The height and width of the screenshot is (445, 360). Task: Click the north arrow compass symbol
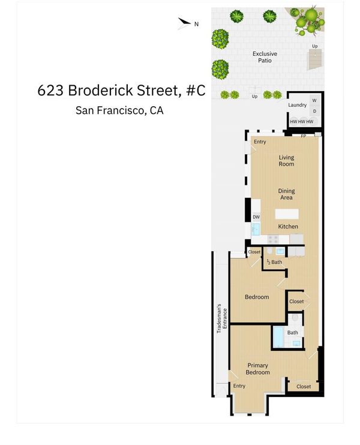point(184,23)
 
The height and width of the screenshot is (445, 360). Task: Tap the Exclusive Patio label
point(265,57)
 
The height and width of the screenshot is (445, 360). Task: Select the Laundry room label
point(297,105)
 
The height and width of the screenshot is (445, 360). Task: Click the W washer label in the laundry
point(314,101)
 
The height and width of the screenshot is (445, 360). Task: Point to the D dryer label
point(314,112)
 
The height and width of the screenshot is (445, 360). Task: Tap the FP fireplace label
point(304,136)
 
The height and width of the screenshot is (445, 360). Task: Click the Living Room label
point(286,161)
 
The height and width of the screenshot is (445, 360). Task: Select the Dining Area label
point(286,194)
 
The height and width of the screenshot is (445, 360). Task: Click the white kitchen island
point(287,214)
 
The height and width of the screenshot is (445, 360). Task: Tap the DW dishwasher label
point(256,217)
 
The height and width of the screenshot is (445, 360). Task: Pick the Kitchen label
point(288,227)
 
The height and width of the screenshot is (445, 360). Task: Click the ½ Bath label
point(275,262)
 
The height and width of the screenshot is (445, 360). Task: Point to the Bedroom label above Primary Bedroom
point(257,297)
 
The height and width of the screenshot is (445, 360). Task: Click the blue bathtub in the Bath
point(278,336)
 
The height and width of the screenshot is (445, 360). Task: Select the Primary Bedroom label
point(257,369)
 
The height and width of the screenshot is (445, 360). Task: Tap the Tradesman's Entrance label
point(222,318)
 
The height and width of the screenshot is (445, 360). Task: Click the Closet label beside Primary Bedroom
point(304,386)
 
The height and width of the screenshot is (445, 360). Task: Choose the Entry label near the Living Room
point(260,142)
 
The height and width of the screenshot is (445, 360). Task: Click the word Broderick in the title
point(101,90)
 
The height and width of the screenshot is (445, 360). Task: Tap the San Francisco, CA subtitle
point(119,110)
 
